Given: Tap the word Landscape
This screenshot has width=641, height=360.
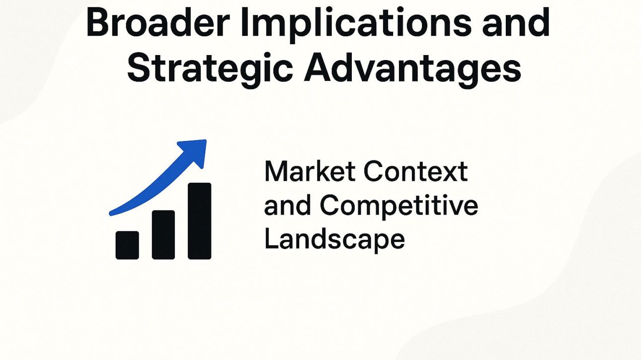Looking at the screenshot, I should tap(334, 239).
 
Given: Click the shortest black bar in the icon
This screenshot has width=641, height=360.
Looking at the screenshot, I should tap(127, 245).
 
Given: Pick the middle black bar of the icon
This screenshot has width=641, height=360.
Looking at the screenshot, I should tap(163, 234).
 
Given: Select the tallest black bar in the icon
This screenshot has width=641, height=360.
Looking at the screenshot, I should tap(199, 221).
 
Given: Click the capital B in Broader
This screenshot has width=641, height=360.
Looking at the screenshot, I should tap(97, 22).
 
